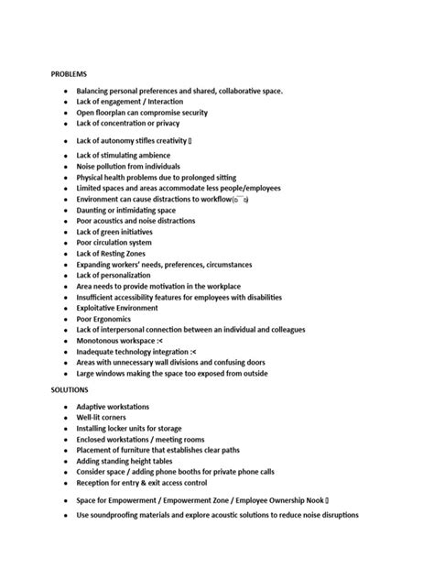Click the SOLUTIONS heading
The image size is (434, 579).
pyautogui.click(x=70, y=389)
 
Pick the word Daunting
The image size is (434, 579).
pyautogui.click(x=95, y=210)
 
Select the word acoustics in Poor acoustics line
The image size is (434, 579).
pyautogui.click(x=114, y=221)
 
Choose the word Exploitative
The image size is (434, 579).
pyautogui.click(x=101, y=308)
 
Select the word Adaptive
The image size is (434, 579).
pyautogui.click(x=93, y=407)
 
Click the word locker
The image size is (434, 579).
pyautogui.click(x=124, y=428)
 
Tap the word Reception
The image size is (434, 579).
pyautogui.click(x=97, y=483)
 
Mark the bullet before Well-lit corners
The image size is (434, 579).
pyautogui.click(x=65, y=418)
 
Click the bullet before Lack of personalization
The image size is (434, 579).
pyautogui.click(x=65, y=275)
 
